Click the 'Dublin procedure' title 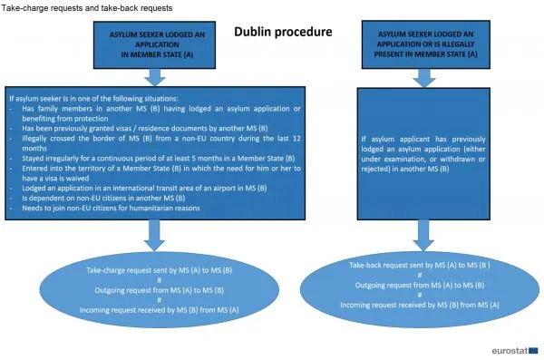pyautogui.click(x=283, y=32)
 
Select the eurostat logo pyautogui.click(x=514, y=351)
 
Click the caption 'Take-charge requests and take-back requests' pyautogui.click(x=87, y=8)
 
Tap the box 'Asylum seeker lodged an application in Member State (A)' pyautogui.click(x=154, y=44)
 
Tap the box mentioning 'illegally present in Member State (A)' pyautogui.click(x=426, y=44)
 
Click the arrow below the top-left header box pyautogui.click(x=155, y=77)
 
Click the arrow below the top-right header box pyautogui.click(x=424, y=78)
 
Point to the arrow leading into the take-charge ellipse pyautogui.click(x=154, y=236)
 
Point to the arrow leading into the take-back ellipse pyautogui.click(x=423, y=235)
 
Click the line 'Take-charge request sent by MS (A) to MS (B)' pyautogui.click(x=160, y=270)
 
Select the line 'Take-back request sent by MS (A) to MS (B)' pyautogui.click(x=420, y=265)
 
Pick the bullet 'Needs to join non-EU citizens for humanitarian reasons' pyautogui.click(x=111, y=208)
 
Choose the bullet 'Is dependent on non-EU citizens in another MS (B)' pyautogui.click(x=103, y=198)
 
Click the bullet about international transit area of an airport pyautogui.click(x=144, y=188)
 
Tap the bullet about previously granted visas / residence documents pyautogui.click(x=145, y=128)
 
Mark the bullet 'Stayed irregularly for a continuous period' pyautogui.click(x=158, y=159)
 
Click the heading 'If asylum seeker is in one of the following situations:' pyautogui.click(x=93, y=98)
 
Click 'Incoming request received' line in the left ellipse pyautogui.click(x=160, y=310)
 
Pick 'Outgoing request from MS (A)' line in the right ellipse pyautogui.click(x=420, y=285)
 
